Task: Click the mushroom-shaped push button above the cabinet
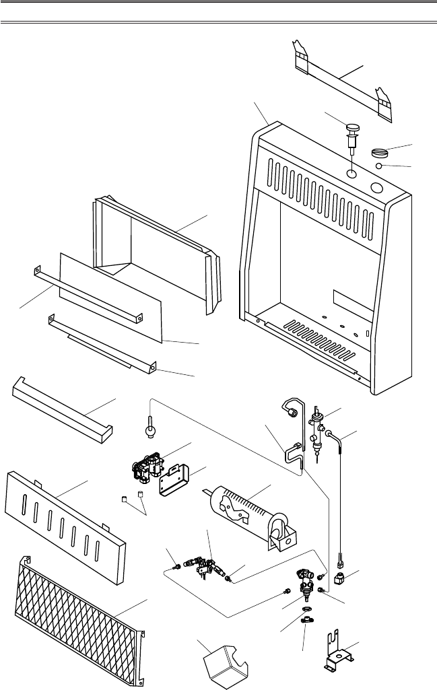point(352,129)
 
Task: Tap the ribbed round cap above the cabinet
point(381,153)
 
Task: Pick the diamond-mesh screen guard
point(77,619)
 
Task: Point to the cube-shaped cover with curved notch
point(226,664)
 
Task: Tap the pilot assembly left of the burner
point(202,563)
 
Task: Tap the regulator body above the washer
point(306,581)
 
